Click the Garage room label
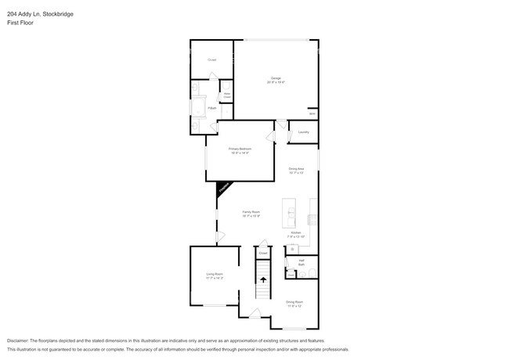pos(276,78)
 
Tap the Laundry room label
pos(303,131)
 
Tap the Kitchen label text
pos(296,232)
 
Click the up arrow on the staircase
pos(263,278)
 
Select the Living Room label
pos(215,274)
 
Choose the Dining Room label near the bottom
pos(294,302)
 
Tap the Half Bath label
pos(301,262)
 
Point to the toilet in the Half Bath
pos(310,273)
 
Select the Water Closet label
pos(227,95)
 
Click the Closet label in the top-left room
pos(211,59)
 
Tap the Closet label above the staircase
pos(263,253)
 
